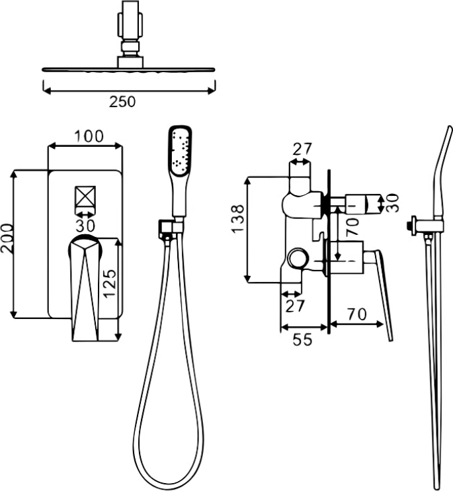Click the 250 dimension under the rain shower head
click(122, 102)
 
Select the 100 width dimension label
click(89, 136)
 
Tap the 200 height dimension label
click(7, 238)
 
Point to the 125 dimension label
click(110, 283)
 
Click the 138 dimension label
click(237, 218)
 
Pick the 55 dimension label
click(302, 339)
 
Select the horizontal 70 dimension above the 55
click(356, 314)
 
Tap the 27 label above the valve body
click(302, 150)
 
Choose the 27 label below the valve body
click(295, 306)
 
